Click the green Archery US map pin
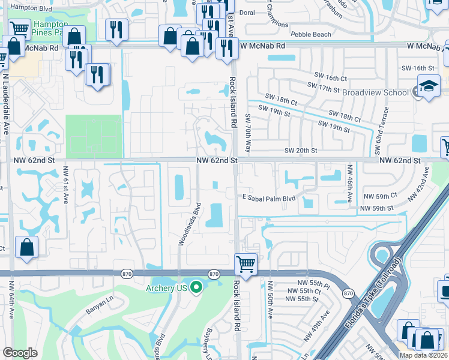(x=196, y=289)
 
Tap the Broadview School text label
(x=376, y=92)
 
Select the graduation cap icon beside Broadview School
(x=429, y=88)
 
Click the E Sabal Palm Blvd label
(x=270, y=197)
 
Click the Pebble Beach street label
(x=310, y=34)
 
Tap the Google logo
(x=20, y=353)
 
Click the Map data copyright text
(x=424, y=355)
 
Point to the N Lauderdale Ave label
(x=6, y=106)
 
